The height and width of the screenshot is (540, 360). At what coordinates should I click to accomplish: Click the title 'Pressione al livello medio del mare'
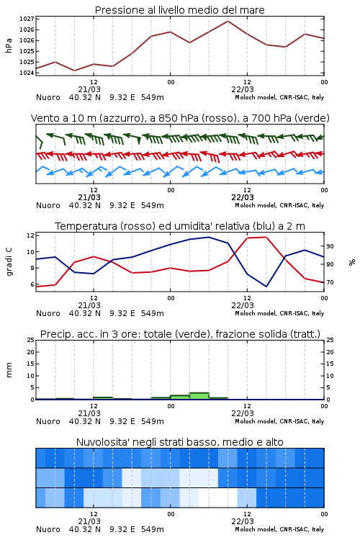pos(179,10)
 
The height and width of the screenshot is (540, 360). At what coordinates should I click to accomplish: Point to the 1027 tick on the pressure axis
pos(27,19)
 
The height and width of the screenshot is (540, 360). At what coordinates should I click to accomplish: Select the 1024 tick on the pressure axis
pos(27,73)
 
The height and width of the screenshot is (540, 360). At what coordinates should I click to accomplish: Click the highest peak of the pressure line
pos(228,21)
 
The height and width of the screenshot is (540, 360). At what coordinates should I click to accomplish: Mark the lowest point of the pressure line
pos(74,71)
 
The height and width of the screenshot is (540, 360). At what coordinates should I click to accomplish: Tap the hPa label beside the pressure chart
pos(9,45)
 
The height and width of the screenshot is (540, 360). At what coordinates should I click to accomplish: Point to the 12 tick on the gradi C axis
pos(30,235)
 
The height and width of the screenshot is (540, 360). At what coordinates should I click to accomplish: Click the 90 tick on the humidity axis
pos(330,246)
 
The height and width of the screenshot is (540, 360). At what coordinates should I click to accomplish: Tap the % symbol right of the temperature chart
pos(352,262)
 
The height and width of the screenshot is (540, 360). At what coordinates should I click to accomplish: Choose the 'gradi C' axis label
pos(9,261)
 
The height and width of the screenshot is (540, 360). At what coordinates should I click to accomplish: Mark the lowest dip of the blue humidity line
pos(266,287)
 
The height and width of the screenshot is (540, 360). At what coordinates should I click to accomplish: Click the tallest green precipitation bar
pos(199,396)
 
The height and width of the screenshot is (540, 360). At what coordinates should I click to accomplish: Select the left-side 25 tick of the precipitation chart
pos(30,341)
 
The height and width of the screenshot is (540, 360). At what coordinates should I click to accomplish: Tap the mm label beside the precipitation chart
pos(9,370)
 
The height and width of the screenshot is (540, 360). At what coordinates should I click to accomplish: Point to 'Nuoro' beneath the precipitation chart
pos(48,421)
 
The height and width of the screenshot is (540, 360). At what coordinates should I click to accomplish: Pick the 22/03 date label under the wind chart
pos(243,197)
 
